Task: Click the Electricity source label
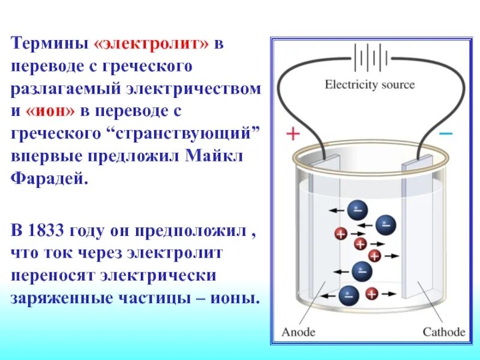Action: (x=370, y=85)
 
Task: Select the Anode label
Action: (x=298, y=331)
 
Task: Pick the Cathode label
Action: (x=444, y=331)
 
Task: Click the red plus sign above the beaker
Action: (x=292, y=134)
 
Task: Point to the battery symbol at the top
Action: (x=368, y=59)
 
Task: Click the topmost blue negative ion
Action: (x=358, y=211)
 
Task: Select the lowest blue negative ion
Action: (x=349, y=295)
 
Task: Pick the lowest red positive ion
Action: (x=372, y=294)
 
